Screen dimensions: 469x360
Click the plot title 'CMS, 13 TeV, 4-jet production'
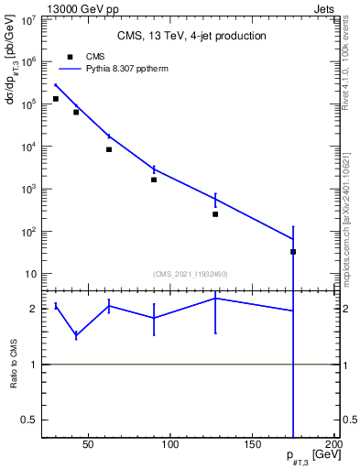pos(191,36)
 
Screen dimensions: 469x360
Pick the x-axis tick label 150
pos(253,447)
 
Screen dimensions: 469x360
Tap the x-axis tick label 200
pos(334,447)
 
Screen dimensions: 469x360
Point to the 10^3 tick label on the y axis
pos(28,189)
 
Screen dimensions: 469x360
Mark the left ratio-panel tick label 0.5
pos(29,420)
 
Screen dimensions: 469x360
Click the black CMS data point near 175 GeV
pos(293,251)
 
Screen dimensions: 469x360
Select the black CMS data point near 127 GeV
pos(215,214)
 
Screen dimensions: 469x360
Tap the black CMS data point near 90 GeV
pos(154,180)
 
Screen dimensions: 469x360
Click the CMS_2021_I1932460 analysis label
pos(191,274)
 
